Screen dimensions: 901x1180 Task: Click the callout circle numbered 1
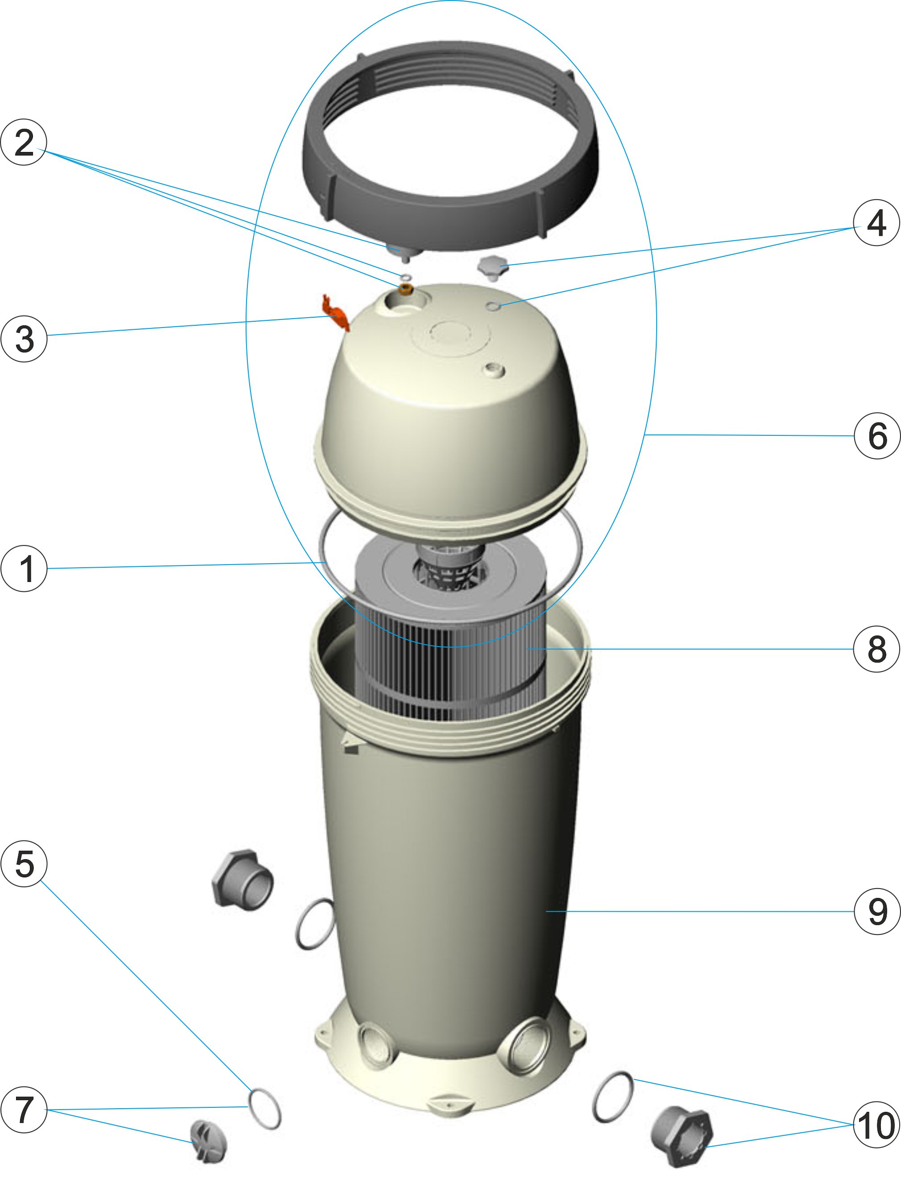[x=24, y=569]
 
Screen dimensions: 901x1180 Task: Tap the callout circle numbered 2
[x=24, y=142]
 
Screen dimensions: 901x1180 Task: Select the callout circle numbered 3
[x=24, y=338]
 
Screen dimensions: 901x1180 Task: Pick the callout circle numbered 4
[x=876, y=222]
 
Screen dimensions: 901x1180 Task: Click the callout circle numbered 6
[x=876, y=435]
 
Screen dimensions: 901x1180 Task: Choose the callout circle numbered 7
[x=24, y=1110]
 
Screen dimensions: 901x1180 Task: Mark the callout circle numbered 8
[x=876, y=649]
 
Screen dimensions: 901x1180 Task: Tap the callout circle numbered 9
[x=876, y=911]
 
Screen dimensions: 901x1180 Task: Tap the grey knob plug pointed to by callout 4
[x=492, y=266]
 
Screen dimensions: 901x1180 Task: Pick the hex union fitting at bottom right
[x=682, y=1135]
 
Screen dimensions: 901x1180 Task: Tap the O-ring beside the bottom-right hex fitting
[x=613, y=1098]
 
